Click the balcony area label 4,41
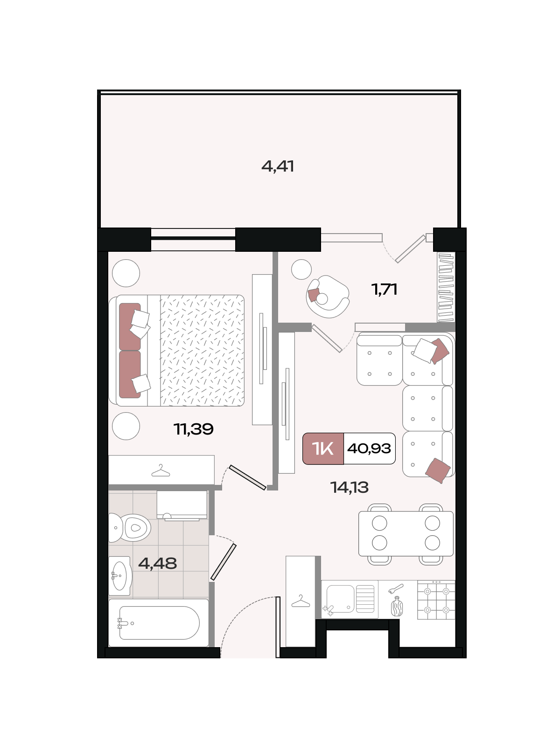coord(278,166)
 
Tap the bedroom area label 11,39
coord(194,429)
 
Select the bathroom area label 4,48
coord(157,564)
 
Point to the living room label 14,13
coord(350,487)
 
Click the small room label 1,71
coord(385,290)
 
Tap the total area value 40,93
coord(369,449)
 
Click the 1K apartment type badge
coord(323,449)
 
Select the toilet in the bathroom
coord(129,528)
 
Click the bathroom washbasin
coord(119,576)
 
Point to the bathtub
coord(159,623)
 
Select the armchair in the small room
coord(327,297)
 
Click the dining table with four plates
coord(406,533)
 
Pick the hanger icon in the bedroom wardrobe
coord(161,471)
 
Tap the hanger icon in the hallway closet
coord(301,601)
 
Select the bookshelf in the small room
coord(446,287)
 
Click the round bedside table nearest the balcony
coord(126,273)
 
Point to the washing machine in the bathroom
coord(182,505)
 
